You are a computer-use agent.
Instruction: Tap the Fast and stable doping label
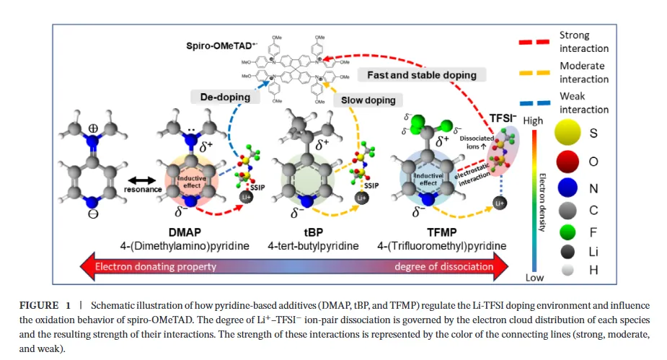(x=422, y=75)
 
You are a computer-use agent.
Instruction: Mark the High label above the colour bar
(x=534, y=120)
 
